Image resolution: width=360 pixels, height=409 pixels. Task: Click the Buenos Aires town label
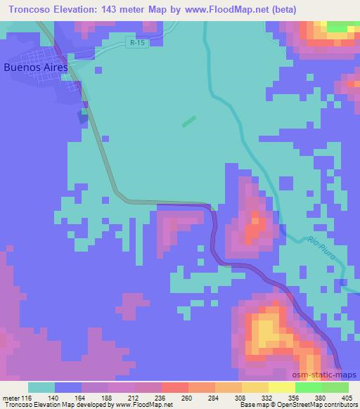[x=35, y=67]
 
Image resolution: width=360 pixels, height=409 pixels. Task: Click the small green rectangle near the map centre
[x=188, y=122]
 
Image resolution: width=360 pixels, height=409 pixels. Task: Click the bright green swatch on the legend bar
[x=308, y=387]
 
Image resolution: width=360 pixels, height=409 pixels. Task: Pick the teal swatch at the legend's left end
[x=41, y=387]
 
